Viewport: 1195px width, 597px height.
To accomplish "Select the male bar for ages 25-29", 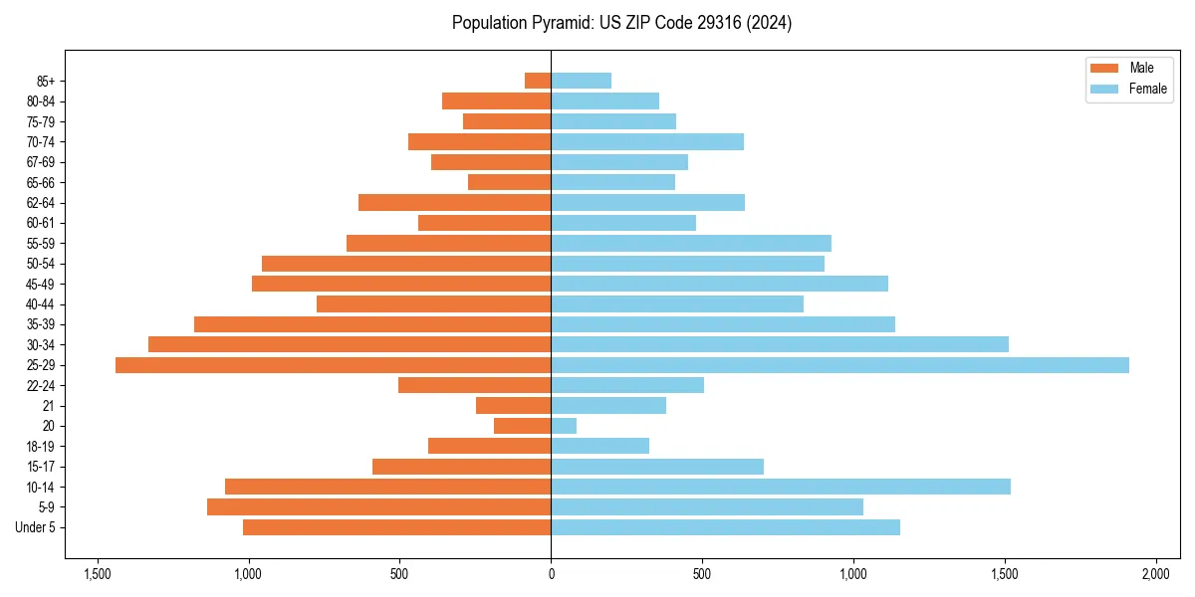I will click(334, 365).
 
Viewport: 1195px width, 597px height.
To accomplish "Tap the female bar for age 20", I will click(564, 426).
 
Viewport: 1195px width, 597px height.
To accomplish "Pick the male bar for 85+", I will click(538, 81).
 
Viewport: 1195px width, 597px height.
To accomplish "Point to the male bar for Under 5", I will click(396, 527).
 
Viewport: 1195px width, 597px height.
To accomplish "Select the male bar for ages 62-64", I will click(454, 203).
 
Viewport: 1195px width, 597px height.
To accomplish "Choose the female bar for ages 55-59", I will click(691, 244).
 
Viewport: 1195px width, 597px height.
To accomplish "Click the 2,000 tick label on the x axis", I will click(1155, 574).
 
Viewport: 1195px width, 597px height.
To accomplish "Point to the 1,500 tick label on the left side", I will click(98, 574).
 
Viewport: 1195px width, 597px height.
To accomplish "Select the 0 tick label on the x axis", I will click(551, 574).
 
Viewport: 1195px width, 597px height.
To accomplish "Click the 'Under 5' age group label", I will click(35, 527).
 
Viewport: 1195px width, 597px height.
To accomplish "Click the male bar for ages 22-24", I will click(474, 385).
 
